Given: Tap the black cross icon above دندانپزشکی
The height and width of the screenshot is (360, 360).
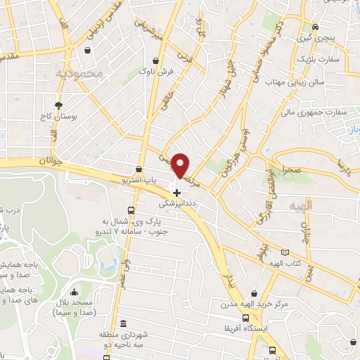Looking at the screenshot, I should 176,192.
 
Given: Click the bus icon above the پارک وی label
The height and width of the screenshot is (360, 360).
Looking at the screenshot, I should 131,210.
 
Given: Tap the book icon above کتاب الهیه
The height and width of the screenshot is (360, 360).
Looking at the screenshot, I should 285,252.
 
